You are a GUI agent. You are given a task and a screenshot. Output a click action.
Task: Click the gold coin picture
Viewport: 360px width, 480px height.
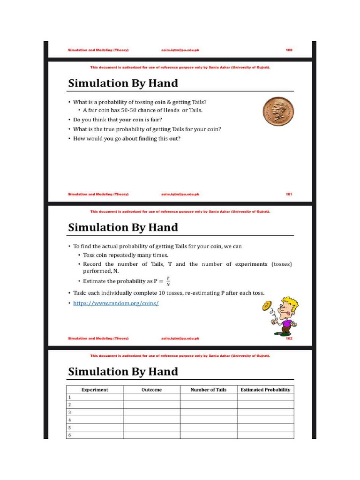278,112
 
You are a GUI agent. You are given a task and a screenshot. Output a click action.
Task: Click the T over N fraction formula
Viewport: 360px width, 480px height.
168,281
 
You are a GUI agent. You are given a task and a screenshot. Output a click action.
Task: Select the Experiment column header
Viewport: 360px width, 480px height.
95,390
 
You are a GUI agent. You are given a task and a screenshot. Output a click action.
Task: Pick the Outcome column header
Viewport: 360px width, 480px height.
151,390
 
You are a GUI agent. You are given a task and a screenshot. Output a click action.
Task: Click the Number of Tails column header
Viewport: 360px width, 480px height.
208,390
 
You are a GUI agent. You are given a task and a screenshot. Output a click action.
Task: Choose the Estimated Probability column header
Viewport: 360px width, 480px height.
265,390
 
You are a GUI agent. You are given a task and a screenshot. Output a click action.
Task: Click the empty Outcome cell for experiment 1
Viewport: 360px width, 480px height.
151,397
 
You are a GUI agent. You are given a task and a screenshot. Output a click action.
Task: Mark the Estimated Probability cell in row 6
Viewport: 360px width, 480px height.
265,435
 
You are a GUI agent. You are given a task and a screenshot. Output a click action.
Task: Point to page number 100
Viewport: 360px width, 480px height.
289,50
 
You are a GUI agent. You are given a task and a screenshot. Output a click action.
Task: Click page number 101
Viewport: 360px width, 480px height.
289,194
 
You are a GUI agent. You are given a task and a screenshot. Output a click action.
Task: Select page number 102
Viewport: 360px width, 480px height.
289,338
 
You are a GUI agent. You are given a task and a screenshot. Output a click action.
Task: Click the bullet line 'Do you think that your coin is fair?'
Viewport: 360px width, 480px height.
117,120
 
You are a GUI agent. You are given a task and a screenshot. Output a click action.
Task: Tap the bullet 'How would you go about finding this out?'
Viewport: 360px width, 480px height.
127,138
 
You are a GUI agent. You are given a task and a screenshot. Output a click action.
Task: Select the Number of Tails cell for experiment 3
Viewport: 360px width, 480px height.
208,412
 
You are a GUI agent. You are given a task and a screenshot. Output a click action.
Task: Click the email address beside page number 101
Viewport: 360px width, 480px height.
180,194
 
